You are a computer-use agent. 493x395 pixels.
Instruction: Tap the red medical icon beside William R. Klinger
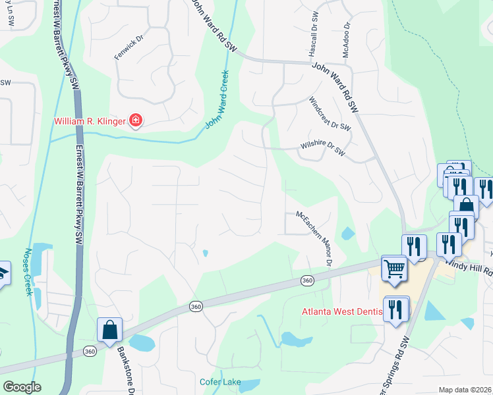(136, 120)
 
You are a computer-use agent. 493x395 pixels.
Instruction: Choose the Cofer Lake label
(221, 382)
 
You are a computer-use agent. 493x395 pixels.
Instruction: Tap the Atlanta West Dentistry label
(342, 311)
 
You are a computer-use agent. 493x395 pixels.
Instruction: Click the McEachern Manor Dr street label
(313, 239)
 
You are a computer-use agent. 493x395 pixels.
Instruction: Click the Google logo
(22, 387)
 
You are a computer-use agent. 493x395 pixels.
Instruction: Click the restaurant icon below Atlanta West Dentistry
(396, 309)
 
